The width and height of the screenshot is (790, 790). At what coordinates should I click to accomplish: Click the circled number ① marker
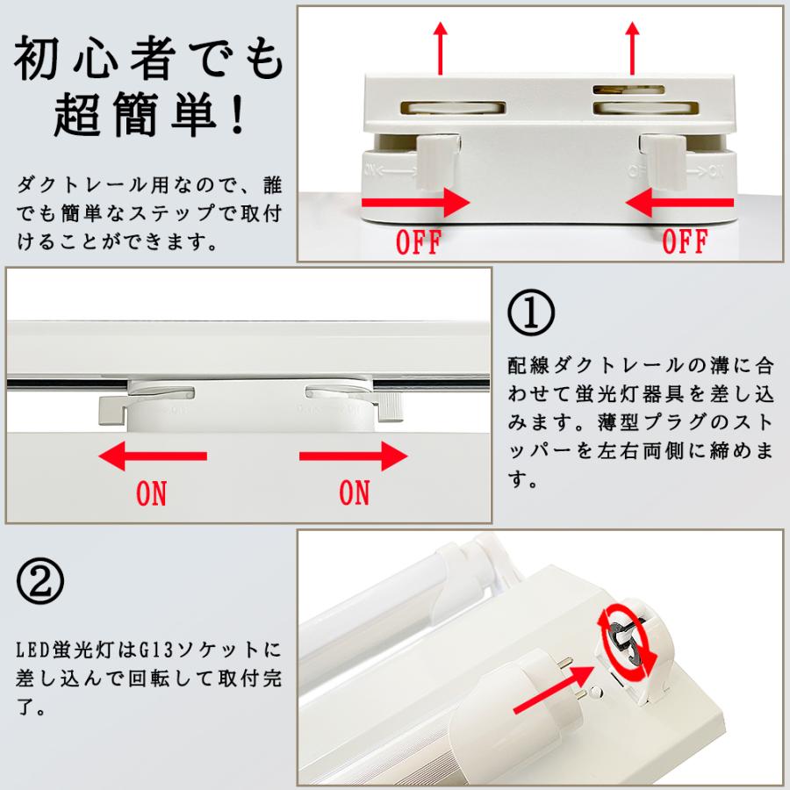531,312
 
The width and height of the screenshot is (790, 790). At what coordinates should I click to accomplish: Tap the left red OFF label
419,242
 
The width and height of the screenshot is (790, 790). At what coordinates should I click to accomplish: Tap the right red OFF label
686,241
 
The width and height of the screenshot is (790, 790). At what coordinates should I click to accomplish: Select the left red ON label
151,493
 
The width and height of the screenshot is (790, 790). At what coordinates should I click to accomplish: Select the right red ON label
355,492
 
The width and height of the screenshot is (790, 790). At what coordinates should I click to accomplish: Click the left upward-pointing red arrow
441,48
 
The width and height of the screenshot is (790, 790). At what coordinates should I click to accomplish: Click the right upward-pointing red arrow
632,48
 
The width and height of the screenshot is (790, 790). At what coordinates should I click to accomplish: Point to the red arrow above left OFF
416,203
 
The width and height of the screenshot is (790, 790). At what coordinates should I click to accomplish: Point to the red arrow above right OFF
679,203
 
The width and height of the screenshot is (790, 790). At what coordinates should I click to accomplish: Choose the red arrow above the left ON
153,456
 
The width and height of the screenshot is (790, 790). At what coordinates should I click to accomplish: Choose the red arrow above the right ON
353,456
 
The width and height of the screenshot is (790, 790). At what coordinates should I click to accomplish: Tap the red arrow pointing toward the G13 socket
554,689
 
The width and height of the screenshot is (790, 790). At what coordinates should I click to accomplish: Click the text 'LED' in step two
34,650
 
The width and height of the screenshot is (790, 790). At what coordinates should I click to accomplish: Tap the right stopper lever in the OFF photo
664,162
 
